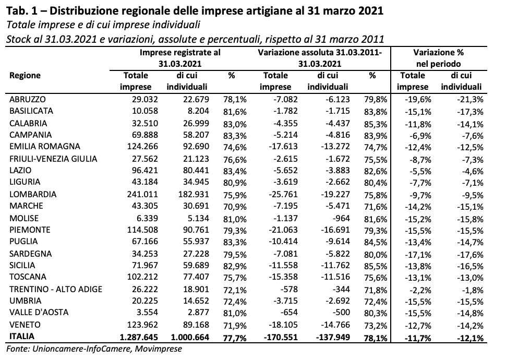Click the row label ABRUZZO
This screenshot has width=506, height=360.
click(28, 99)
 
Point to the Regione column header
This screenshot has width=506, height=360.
click(25, 76)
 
